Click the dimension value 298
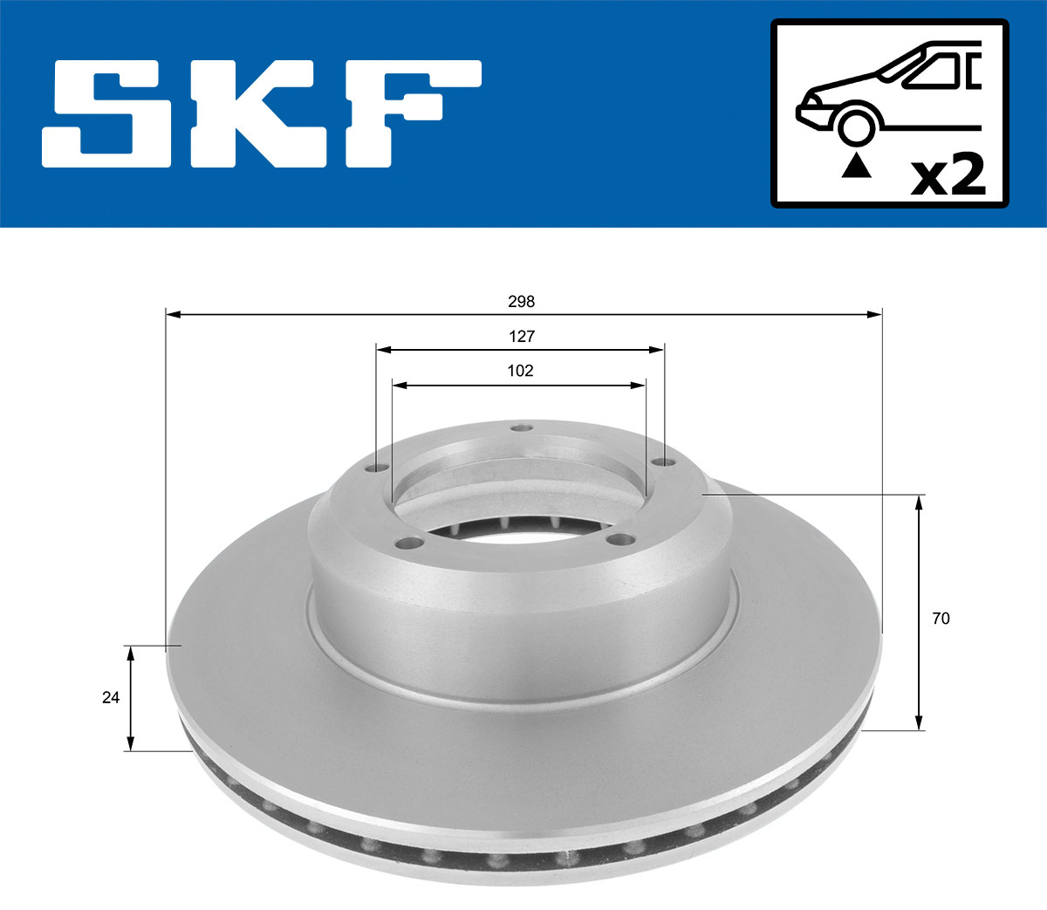click(x=521, y=302)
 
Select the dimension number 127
click(x=521, y=336)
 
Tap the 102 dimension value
click(x=520, y=371)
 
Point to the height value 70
click(x=941, y=619)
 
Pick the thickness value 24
click(x=111, y=698)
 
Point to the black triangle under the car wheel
click(x=856, y=166)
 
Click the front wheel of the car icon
click(x=856, y=125)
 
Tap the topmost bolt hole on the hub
click(x=522, y=428)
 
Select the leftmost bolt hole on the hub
click(x=377, y=469)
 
